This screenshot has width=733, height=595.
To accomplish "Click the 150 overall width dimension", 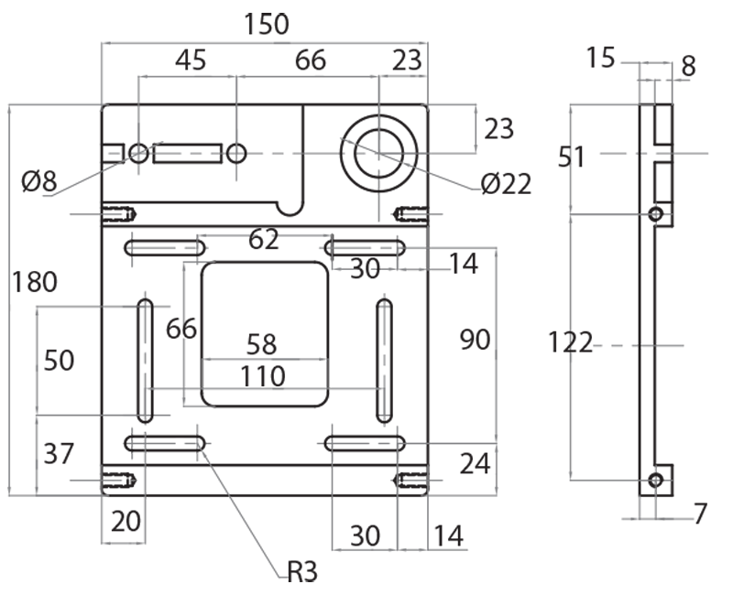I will tap(267, 24).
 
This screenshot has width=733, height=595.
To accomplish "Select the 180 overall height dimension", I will tap(34, 282).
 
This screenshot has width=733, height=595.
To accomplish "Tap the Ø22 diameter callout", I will tap(505, 184).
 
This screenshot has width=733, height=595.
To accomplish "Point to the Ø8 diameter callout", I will tap(38, 182).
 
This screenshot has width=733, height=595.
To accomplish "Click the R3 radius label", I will tap(301, 573).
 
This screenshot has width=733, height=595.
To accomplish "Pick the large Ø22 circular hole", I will tap(379, 153).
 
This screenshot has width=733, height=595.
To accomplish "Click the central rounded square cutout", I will tap(264, 334).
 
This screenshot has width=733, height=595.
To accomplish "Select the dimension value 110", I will tap(263, 376).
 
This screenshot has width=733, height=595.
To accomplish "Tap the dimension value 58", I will tap(262, 345).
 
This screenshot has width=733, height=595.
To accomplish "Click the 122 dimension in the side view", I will tap(570, 343).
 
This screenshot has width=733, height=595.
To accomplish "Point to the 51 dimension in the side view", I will tap(572, 157).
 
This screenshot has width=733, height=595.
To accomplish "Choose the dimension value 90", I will tap(475, 340).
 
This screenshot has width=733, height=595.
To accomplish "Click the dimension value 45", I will tap(190, 61).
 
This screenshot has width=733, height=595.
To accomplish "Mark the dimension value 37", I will tap(58, 453).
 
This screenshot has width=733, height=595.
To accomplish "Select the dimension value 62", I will tap(264, 240).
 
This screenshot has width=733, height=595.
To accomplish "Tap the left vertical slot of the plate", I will tap(145, 360).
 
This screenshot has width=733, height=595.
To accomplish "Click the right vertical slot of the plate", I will tap(384, 360).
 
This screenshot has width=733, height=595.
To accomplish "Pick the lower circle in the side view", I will tap(655, 481).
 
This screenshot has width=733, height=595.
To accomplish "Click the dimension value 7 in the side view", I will tap(700, 514).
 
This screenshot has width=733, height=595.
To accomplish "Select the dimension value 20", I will tap(126, 521).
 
